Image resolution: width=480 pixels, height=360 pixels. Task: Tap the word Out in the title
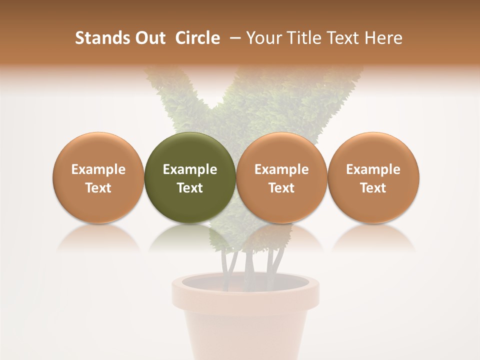(x=149, y=38)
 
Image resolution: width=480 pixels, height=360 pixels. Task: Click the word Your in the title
(x=263, y=38)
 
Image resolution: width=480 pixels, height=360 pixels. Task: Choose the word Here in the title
(x=383, y=38)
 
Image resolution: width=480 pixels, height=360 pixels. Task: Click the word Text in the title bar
(x=340, y=38)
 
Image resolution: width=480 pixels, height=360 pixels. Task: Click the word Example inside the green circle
(x=189, y=169)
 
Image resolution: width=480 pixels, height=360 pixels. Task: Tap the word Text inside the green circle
(x=189, y=188)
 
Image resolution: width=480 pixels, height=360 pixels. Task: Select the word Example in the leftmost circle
(x=98, y=169)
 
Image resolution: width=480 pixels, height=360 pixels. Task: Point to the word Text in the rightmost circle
(x=373, y=188)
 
